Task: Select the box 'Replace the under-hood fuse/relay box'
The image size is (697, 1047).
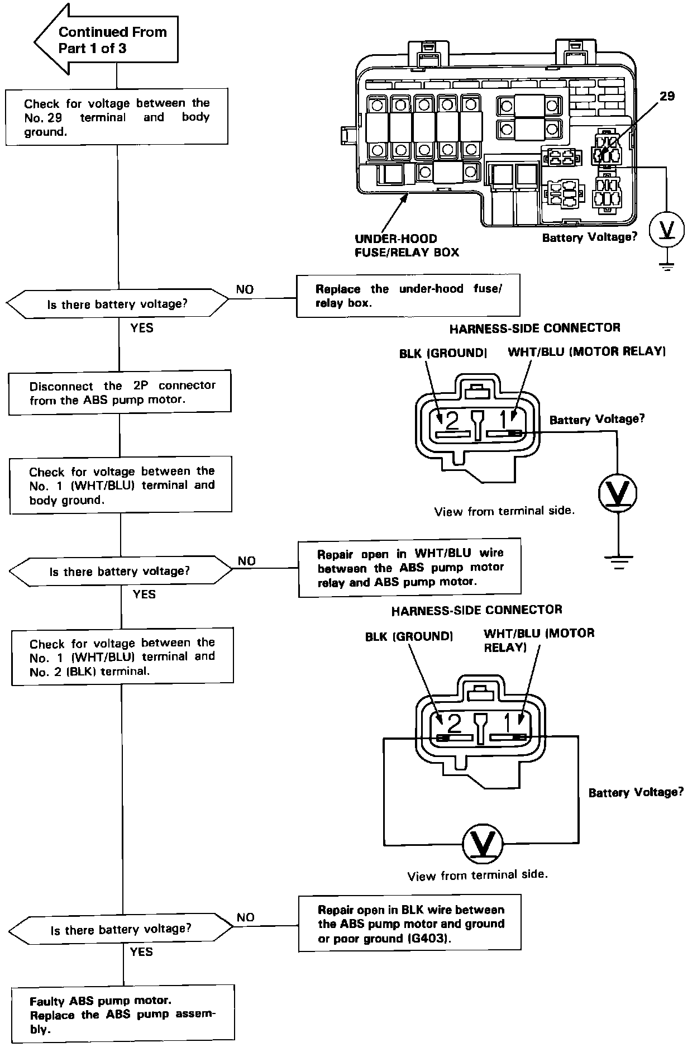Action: click(408, 296)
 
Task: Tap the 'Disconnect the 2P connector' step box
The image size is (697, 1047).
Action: click(120, 392)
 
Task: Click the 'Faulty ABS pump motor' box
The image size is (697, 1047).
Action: click(123, 1013)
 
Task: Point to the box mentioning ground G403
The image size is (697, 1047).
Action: click(410, 924)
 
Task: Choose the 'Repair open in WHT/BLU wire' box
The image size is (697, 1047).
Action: click(409, 568)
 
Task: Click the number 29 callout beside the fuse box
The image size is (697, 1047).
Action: click(667, 96)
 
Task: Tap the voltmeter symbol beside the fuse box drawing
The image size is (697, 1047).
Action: click(666, 229)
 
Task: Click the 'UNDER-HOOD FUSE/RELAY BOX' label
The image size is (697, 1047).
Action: click(407, 246)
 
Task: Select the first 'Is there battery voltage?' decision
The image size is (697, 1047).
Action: click(117, 304)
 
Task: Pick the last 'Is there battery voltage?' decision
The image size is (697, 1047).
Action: click(121, 929)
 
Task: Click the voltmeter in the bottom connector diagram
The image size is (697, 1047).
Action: click(483, 844)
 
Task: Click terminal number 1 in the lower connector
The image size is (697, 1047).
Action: click(507, 724)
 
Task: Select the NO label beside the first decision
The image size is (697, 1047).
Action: click(245, 289)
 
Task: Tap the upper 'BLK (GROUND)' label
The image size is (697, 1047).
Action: click(443, 353)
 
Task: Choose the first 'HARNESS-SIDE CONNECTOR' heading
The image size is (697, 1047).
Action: click(534, 328)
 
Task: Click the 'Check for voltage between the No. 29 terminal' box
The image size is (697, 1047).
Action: click(117, 117)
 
